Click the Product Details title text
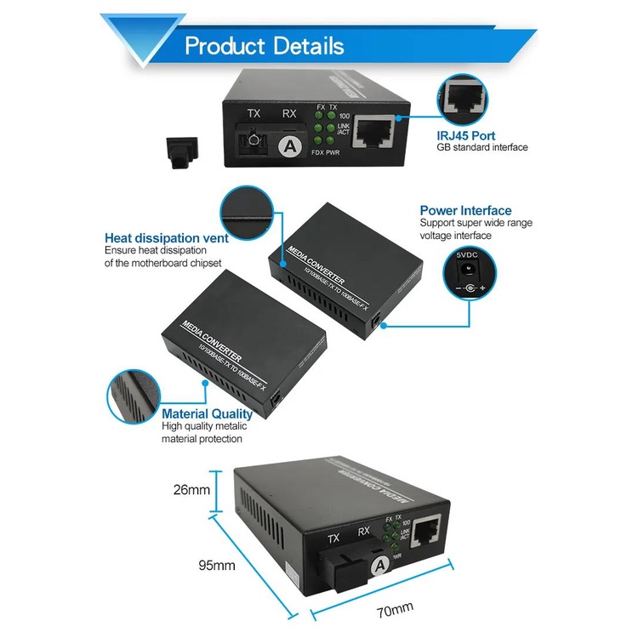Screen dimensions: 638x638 [265, 46]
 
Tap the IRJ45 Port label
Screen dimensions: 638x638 [466, 135]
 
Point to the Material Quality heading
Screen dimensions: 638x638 [208, 414]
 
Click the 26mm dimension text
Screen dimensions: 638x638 [192, 489]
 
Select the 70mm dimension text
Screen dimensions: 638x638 [395, 609]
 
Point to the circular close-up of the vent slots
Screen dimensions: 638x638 [132, 396]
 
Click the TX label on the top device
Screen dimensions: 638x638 [253, 113]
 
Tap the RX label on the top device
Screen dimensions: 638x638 [289, 113]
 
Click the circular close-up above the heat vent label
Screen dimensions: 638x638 [246, 209]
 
